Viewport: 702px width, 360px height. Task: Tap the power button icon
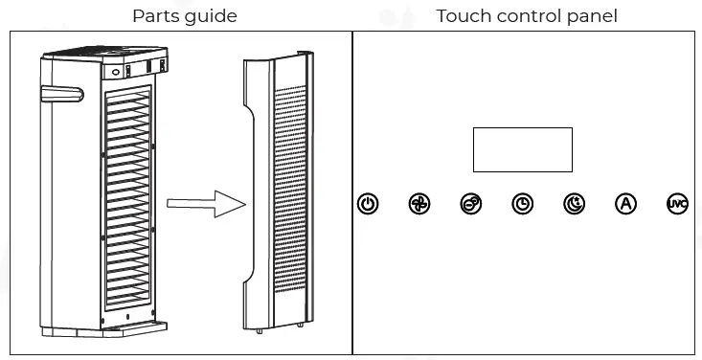point(368,204)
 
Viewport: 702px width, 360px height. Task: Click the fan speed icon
point(419,204)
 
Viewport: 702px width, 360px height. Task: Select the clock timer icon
point(523,204)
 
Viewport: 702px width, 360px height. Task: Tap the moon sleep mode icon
point(575,204)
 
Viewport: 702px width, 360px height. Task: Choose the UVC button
point(677,204)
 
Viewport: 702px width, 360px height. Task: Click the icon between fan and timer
point(471,204)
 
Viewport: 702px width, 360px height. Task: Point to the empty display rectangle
point(522,149)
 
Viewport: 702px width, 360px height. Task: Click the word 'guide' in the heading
point(212,16)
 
